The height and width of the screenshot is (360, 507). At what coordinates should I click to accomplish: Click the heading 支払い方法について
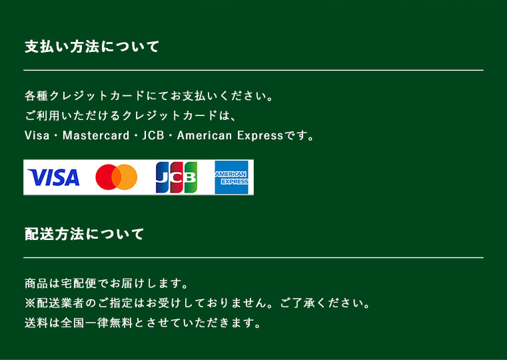pyautogui.click(x=92, y=47)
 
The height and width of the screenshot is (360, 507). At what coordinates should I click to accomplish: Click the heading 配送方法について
pyautogui.click(x=84, y=234)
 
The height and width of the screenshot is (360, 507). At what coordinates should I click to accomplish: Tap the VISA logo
pyautogui.click(x=54, y=177)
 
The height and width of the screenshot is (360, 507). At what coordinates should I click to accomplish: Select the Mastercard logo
pyautogui.click(x=116, y=177)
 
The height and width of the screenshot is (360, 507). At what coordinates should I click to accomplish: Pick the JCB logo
pyautogui.click(x=177, y=177)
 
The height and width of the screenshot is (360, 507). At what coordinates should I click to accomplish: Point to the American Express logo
pyautogui.click(x=231, y=177)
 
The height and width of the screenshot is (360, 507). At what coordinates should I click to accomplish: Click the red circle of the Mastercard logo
pyautogui.click(x=107, y=177)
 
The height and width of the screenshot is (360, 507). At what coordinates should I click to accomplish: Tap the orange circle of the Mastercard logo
pyautogui.click(x=127, y=177)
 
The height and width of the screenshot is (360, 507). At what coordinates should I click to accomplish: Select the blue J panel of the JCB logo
pyautogui.click(x=163, y=177)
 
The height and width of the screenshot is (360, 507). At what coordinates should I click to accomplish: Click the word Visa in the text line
pyautogui.click(x=36, y=135)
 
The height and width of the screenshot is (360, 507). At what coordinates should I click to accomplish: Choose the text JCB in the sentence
pyautogui.click(x=153, y=135)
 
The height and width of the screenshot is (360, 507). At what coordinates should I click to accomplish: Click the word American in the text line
pyautogui.click(x=205, y=135)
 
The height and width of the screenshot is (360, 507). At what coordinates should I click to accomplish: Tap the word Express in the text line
pyautogui.click(x=260, y=135)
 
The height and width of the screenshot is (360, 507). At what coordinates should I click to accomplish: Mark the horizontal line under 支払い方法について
pyautogui.click(x=253, y=70)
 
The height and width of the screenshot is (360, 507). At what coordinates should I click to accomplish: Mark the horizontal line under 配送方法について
pyautogui.click(x=253, y=257)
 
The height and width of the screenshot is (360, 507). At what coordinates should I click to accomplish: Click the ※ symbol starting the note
pyautogui.click(x=29, y=303)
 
